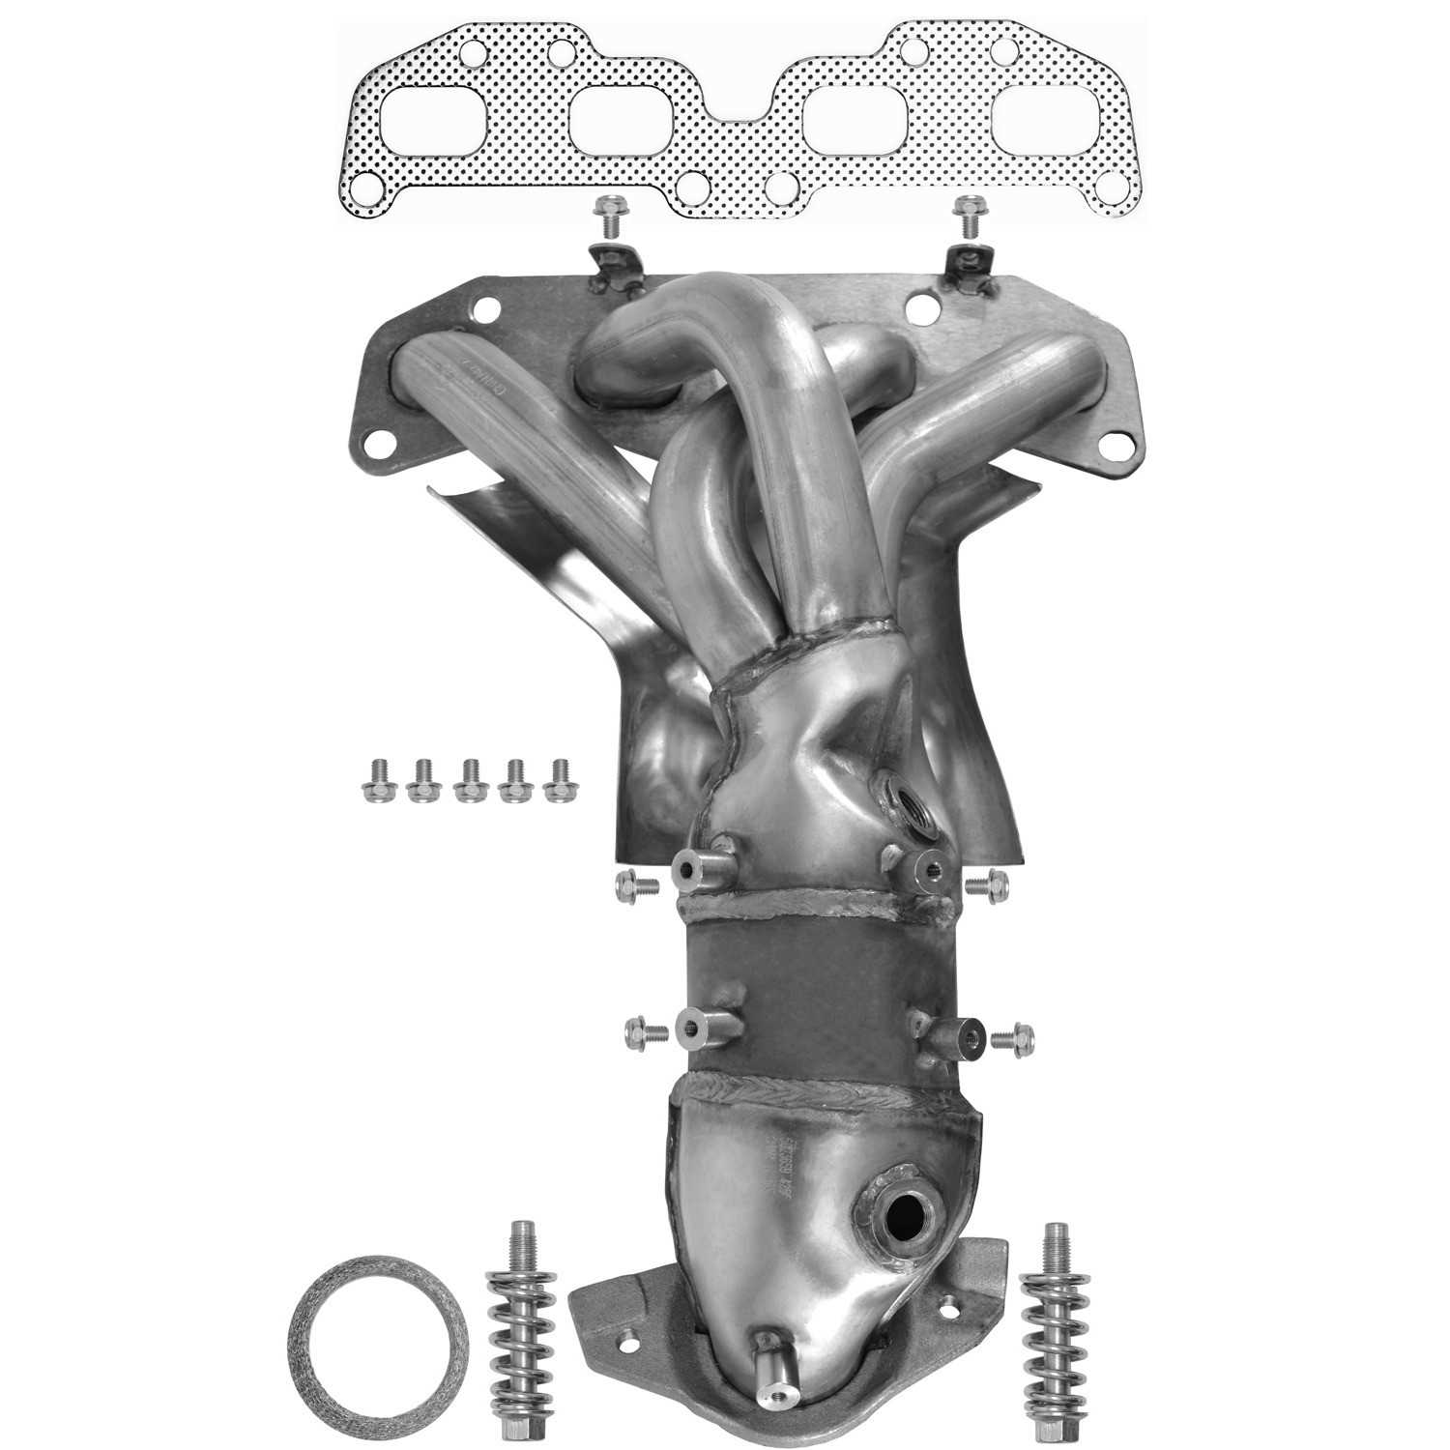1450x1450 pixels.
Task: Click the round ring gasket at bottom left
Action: point(378,1346)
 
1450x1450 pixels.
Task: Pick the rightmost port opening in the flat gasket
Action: point(1041,125)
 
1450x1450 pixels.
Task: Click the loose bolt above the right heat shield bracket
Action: point(967,216)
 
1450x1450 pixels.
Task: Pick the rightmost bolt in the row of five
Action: point(558,780)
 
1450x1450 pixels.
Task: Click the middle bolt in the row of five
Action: point(469,780)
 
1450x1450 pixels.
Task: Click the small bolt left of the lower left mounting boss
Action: point(645,1032)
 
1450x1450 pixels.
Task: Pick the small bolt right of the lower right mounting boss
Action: point(1014,1037)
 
